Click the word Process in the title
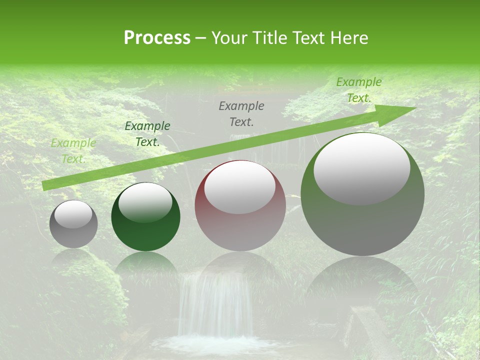coord(157,38)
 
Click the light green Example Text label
coord(73,151)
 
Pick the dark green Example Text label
coord(147,134)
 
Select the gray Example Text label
coord(241,113)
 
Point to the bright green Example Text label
coord(358,90)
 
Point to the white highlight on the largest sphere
coord(361,169)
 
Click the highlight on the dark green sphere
coord(145,201)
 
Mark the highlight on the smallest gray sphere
coord(73,214)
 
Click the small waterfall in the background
coord(215,305)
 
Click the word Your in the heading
coord(229,38)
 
